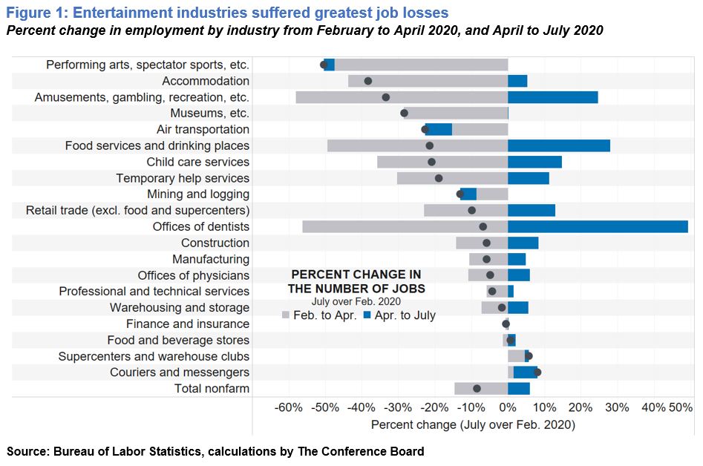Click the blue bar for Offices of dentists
pyautogui.click(x=598, y=227)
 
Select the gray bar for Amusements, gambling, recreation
pyautogui.click(x=402, y=97)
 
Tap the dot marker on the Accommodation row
pyautogui.click(x=368, y=81)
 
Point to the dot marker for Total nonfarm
pyautogui.click(x=477, y=389)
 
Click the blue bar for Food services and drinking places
pyautogui.click(x=559, y=145)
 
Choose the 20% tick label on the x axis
pyautogui.click(x=581, y=408)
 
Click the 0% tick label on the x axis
pyautogui.click(x=508, y=408)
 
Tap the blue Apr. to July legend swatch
pyautogui.click(x=367, y=315)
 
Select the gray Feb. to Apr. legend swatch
pyautogui.click(x=286, y=315)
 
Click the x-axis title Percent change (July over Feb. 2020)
pyautogui.click(x=473, y=424)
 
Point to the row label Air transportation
pyautogui.click(x=203, y=130)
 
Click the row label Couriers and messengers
pyautogui.click(x=180, y=373)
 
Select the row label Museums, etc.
pyautogui.click(x=210, y=114)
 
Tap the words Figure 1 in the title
pyautogui.click(x=36, y=13)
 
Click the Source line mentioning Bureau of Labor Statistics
pyautogui.click(x=215, y=451)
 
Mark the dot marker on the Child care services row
pyautogui.click(x=431, y=163)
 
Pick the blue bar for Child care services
pyautogui.click(x=535, y=163)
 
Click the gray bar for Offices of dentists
pyautogui.click(x=405, y=227)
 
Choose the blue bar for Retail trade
pyautogui.click(x=532, y=211)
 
